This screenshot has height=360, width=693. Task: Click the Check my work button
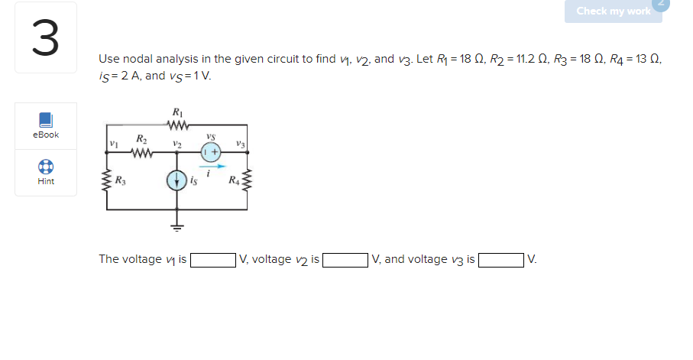click(613, 11)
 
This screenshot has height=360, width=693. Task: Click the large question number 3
click(45, 38)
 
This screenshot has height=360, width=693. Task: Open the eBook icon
click(46, 120)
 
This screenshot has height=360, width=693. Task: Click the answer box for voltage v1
click(213, 260)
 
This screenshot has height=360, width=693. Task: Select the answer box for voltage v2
click(345, 260)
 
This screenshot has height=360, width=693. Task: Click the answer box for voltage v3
click(501, 260)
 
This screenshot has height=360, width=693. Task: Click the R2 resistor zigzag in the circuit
click(142, 151)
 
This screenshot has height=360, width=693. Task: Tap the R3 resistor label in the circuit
click(121, 181)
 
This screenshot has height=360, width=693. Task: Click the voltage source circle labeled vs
click(212, 151)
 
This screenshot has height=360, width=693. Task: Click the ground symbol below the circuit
click(177, 227)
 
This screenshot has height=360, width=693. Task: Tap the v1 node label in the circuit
click(113, 144)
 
